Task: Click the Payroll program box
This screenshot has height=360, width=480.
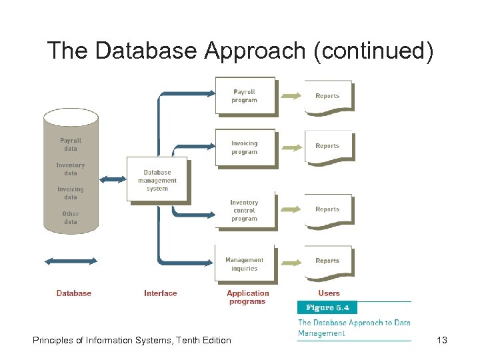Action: pos(244,96)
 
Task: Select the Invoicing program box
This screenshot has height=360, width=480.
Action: pos(244,147)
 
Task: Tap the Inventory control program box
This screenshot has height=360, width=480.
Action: pos(244,210)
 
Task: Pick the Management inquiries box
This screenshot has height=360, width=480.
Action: pos(244,264)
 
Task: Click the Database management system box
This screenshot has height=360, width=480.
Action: pos(157,180)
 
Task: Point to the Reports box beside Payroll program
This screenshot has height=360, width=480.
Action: pos(327,96)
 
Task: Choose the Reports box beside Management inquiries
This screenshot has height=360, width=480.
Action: pos(327,261)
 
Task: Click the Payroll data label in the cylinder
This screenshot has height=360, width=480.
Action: pos(71,145)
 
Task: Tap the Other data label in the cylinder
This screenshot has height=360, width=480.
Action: pos(71,218)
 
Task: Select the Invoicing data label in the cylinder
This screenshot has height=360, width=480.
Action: pos(71,193)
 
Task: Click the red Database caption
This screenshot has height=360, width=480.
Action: pos(74,293)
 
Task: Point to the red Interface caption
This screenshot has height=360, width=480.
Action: pos(161,293)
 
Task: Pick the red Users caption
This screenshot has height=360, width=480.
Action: pos(329,293)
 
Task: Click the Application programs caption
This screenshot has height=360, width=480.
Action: pos(247,297)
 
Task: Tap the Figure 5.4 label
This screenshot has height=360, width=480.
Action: pos(327,308)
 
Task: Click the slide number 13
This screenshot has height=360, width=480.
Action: pos(441,341)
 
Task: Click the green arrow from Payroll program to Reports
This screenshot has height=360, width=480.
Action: pos(291,96)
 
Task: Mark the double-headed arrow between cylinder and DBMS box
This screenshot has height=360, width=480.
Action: pos(112,179)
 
